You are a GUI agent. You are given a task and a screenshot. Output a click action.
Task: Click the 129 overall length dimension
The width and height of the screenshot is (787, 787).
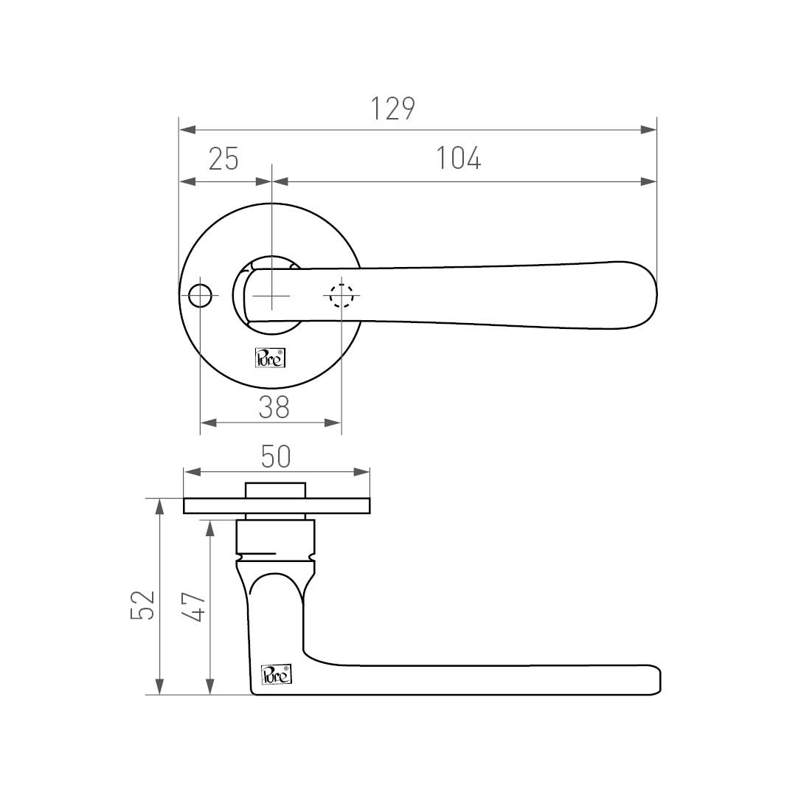(392, 108)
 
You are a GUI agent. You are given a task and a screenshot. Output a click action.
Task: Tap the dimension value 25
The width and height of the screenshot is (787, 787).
(223, 159)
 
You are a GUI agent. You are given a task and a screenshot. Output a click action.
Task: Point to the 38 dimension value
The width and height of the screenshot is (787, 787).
(274, 408)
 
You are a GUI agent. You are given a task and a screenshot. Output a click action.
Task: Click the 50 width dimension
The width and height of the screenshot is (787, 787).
(276, 457)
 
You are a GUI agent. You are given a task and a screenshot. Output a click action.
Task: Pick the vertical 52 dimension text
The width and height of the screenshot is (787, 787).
(142, 605)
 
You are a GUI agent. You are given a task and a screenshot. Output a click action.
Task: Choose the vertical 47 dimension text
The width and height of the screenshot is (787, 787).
(193, 607)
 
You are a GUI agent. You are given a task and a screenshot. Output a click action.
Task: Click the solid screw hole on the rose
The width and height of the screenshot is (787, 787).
(200, 296)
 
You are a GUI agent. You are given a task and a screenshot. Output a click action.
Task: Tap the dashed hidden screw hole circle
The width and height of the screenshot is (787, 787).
(342, 296)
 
